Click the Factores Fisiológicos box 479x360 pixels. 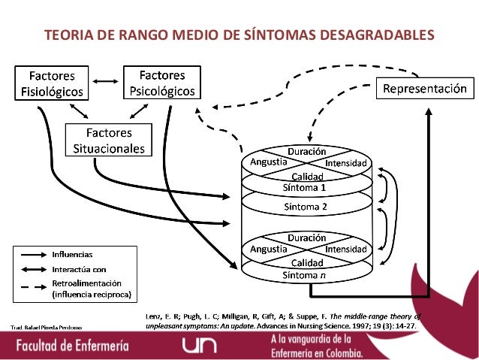pos(52,83)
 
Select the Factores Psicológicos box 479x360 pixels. pos(162,83)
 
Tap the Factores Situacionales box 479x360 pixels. pos(108,141)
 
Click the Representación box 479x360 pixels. pos(425,89)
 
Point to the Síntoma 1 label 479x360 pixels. pos(304,187)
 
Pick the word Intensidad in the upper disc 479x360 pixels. pos(345,163)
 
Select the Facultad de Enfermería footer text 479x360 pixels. pos(74,346)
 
